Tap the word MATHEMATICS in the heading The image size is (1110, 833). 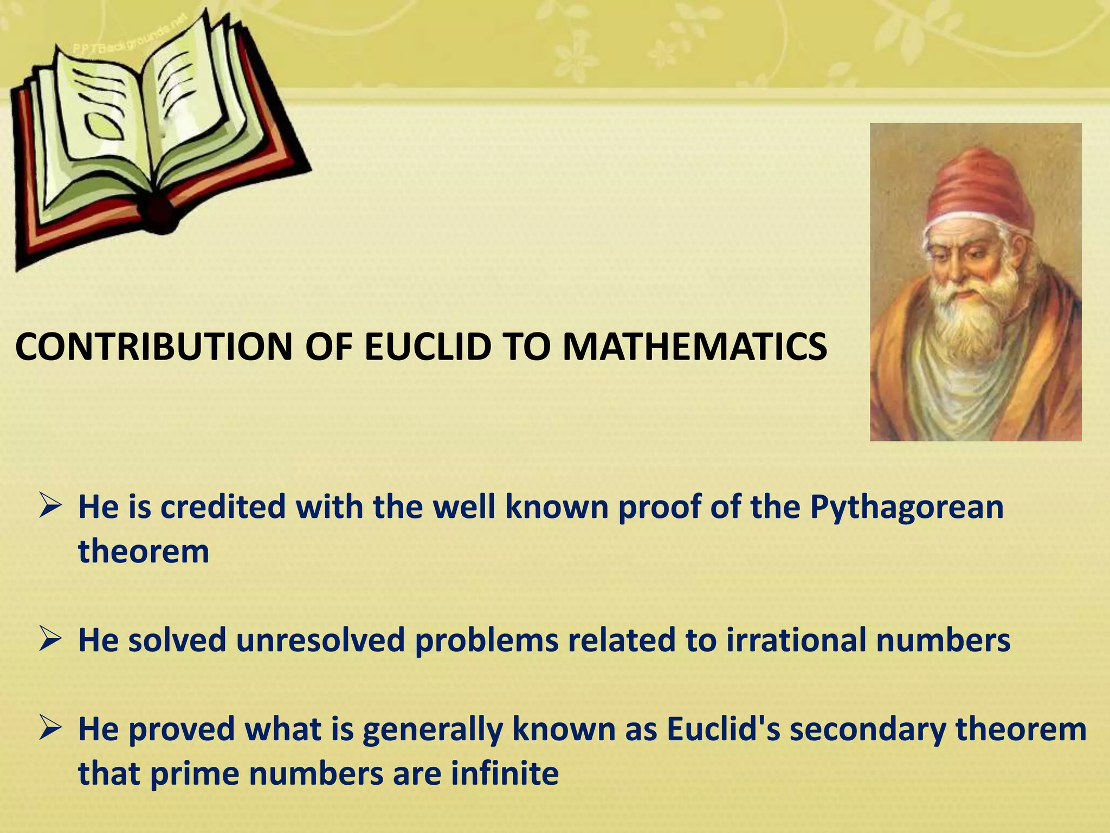[x=695, y=347]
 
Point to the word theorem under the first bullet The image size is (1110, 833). [x=144, y=552]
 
